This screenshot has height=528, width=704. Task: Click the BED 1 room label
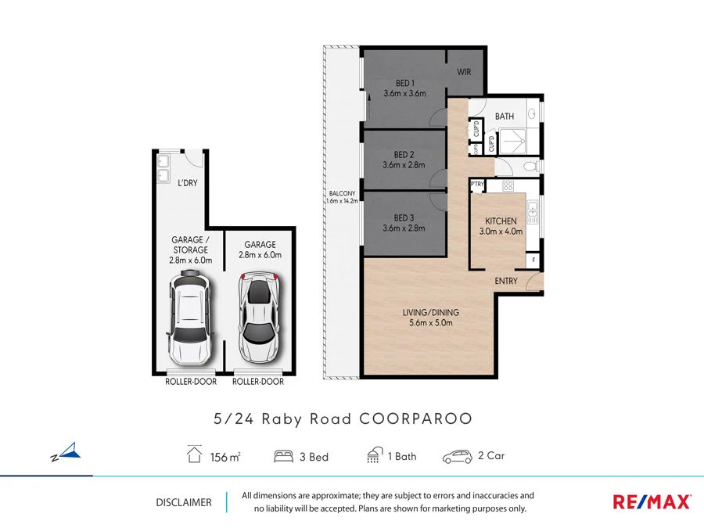click(404, 84)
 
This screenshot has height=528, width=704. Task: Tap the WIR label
click(465, 72)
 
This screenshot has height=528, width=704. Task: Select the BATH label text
click(505, 117)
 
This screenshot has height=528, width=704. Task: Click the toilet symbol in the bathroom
click(529, 166)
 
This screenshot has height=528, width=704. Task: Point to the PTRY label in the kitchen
click(478, 185)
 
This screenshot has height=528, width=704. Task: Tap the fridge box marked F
click(534, 260)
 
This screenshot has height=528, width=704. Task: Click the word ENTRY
click(506, 281)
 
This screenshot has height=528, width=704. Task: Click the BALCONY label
click(342, 193)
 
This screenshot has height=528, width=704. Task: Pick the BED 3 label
click(404, 218)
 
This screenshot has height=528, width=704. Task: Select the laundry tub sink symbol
click(164, 168)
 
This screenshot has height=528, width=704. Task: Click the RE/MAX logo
click(651, 501)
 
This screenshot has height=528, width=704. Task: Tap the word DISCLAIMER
click(184, 502)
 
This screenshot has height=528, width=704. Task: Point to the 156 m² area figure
click(224, 457)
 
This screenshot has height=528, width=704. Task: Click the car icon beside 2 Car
click(457, 457)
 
